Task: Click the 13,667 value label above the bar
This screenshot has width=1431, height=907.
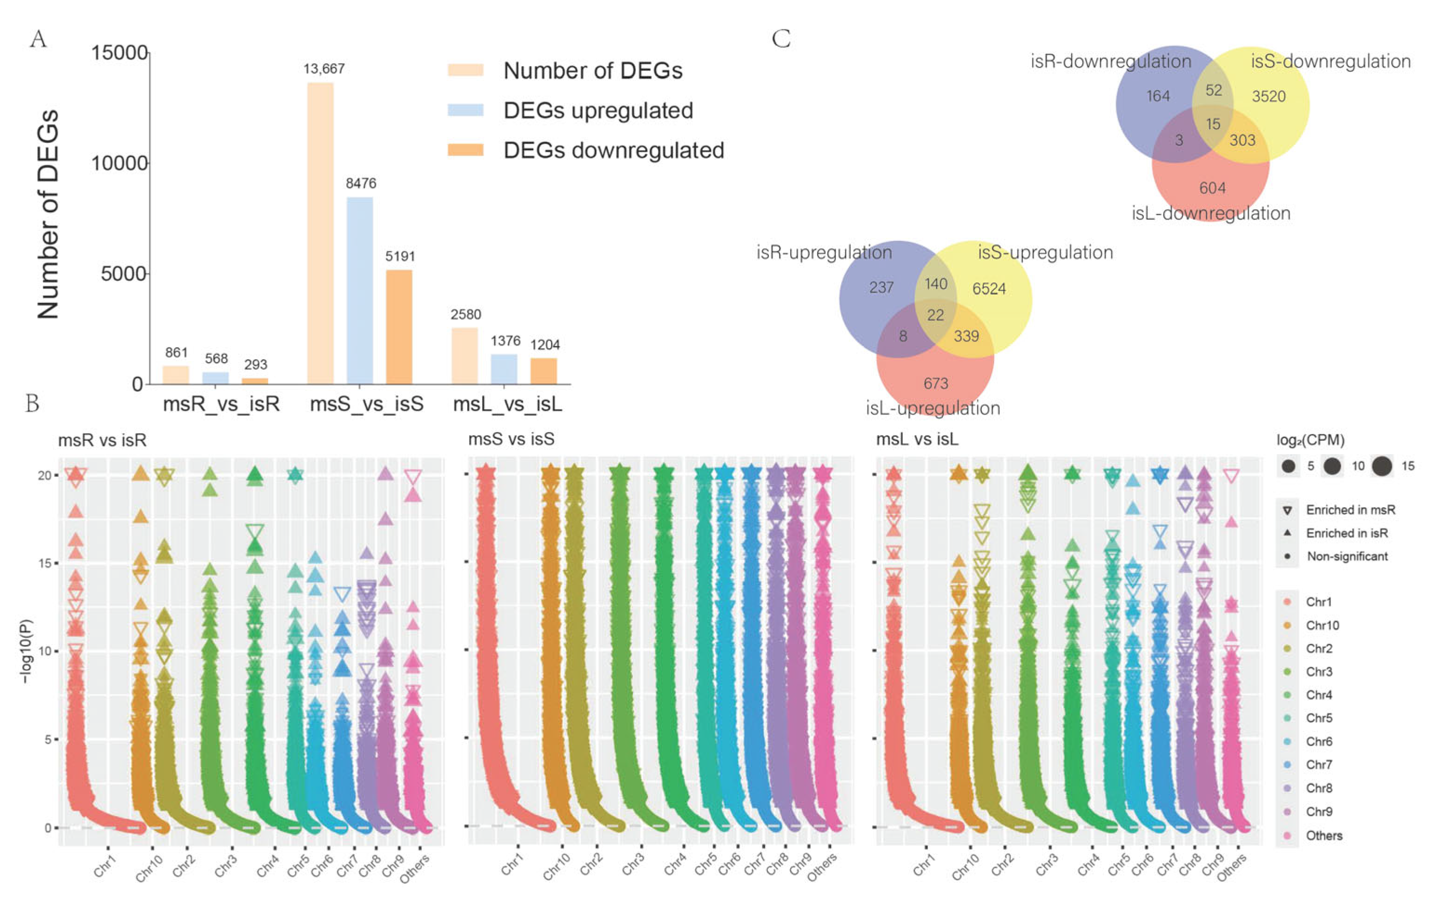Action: (x=324, y=69)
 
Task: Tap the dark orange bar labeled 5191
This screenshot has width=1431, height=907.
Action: (x=399, y=326)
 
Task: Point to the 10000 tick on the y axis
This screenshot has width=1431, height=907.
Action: (x=119, y=163)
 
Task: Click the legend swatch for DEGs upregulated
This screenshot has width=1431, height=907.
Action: (x=465, y=110)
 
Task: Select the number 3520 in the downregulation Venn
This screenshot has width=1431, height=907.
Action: (x=1268, y=96)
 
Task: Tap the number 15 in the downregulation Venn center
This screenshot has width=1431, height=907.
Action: (x=1213, y=124)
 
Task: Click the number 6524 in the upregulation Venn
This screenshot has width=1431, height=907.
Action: (x=989, y=289)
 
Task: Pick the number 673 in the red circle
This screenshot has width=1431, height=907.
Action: (x=935, y=383)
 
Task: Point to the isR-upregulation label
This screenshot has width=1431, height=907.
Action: (x=824, y=253)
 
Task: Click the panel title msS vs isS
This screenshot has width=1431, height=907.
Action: (x=511, y=439)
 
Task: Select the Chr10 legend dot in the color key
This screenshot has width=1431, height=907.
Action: (x=1287, y=625)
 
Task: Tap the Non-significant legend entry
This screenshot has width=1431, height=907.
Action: (x=1347, y=556)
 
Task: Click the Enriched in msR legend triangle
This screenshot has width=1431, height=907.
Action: (x=1287, y=510)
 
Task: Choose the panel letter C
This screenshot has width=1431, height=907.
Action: (x=781, y=39)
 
